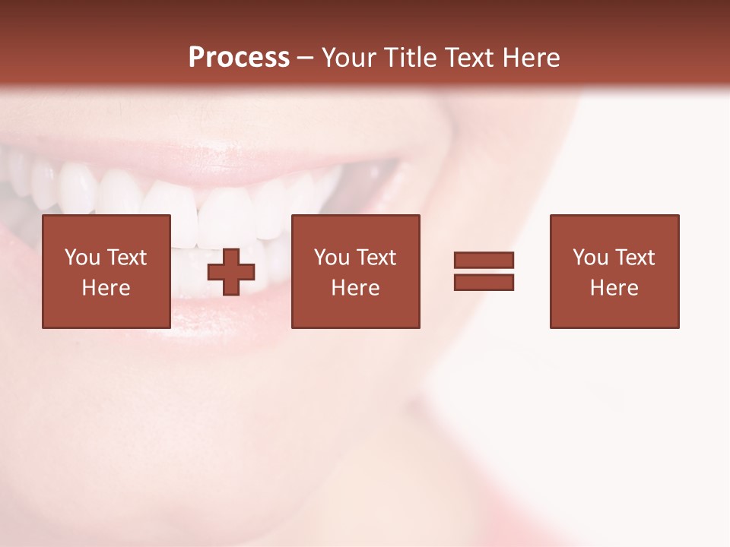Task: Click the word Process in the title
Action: [239, 58]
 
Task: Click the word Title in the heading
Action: [410, 58]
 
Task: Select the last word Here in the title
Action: [532, 58]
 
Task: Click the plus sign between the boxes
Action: [231, 271]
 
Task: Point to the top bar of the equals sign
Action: [484, 260]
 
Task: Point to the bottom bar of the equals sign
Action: [484, 283]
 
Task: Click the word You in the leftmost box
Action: [82, 258]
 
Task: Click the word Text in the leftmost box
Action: [126, 258]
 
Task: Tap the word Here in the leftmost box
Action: [106, 288]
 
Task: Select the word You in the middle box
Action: [332, 258]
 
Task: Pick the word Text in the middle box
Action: [376, 258]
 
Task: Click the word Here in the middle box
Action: [355, 288]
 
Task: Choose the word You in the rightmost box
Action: [590, 258]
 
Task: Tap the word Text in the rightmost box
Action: [634, 258]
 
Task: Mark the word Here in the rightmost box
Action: [614, 288]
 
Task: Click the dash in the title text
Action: [306, 58]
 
